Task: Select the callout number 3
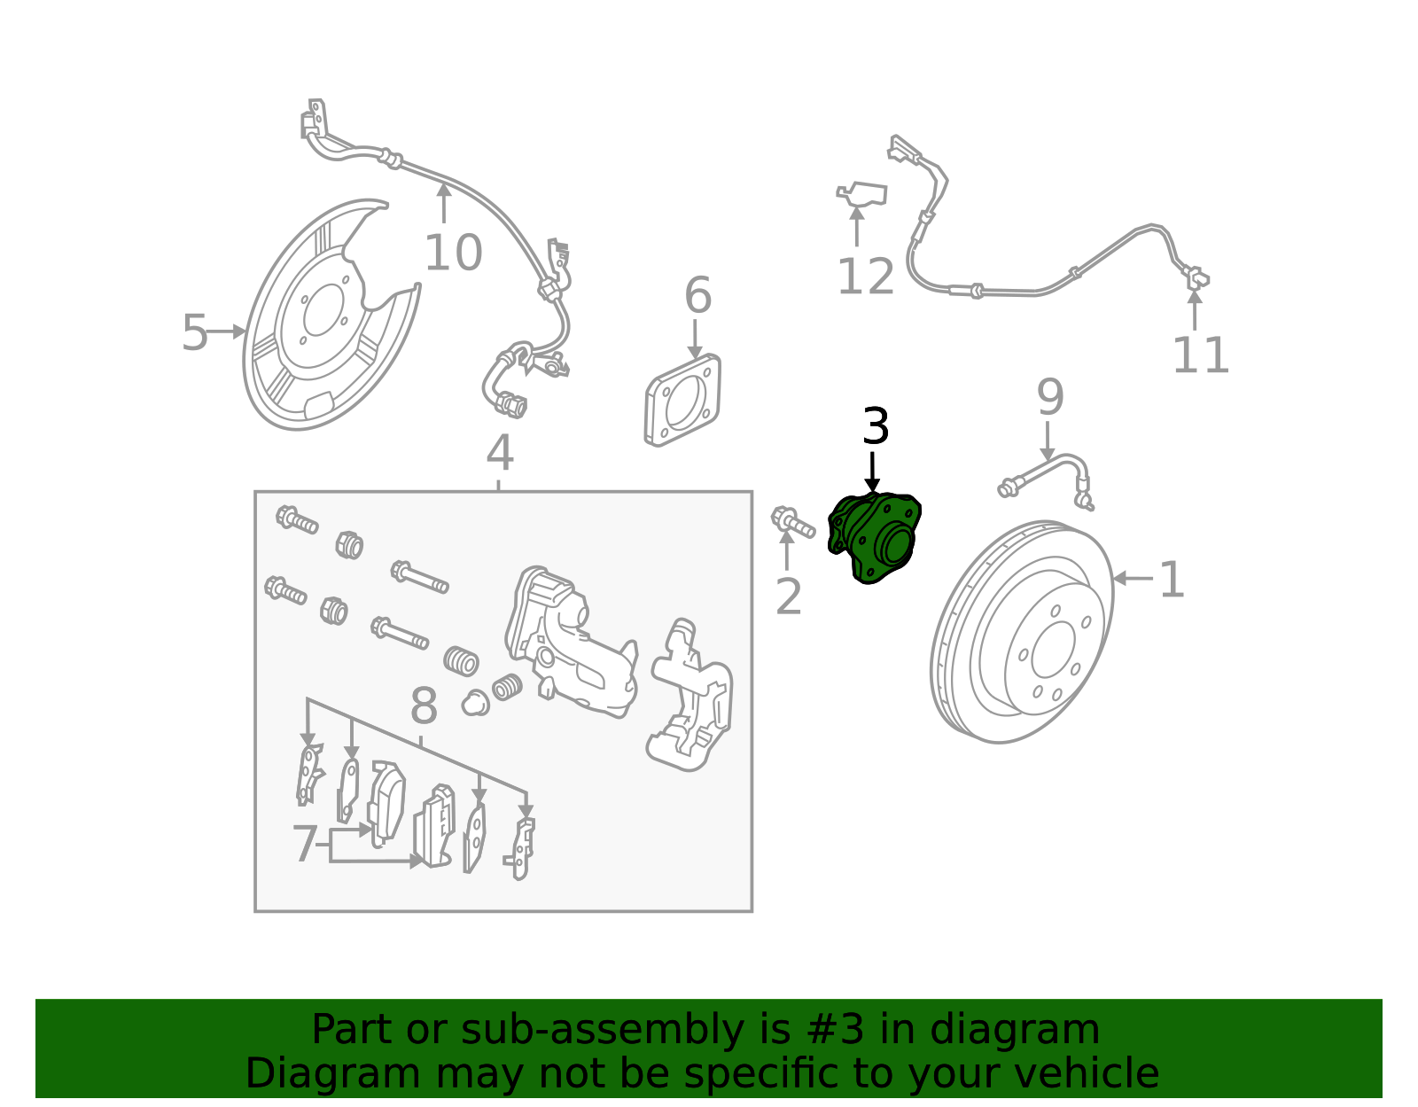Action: tap(876, 427)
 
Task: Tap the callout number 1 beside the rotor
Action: tap(1172, 581)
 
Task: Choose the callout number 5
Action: tap(194, 333)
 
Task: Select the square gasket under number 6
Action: tap(682, 400)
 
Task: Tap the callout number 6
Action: tap(697, 295)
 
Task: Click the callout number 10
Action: tap(453, 253)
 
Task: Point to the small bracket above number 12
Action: tap(862, 194)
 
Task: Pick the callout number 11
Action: tap(1201, 355)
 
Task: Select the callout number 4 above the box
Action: tap(500, 453)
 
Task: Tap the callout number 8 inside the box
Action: tap(425, 707)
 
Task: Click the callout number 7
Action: tap(305, 844)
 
